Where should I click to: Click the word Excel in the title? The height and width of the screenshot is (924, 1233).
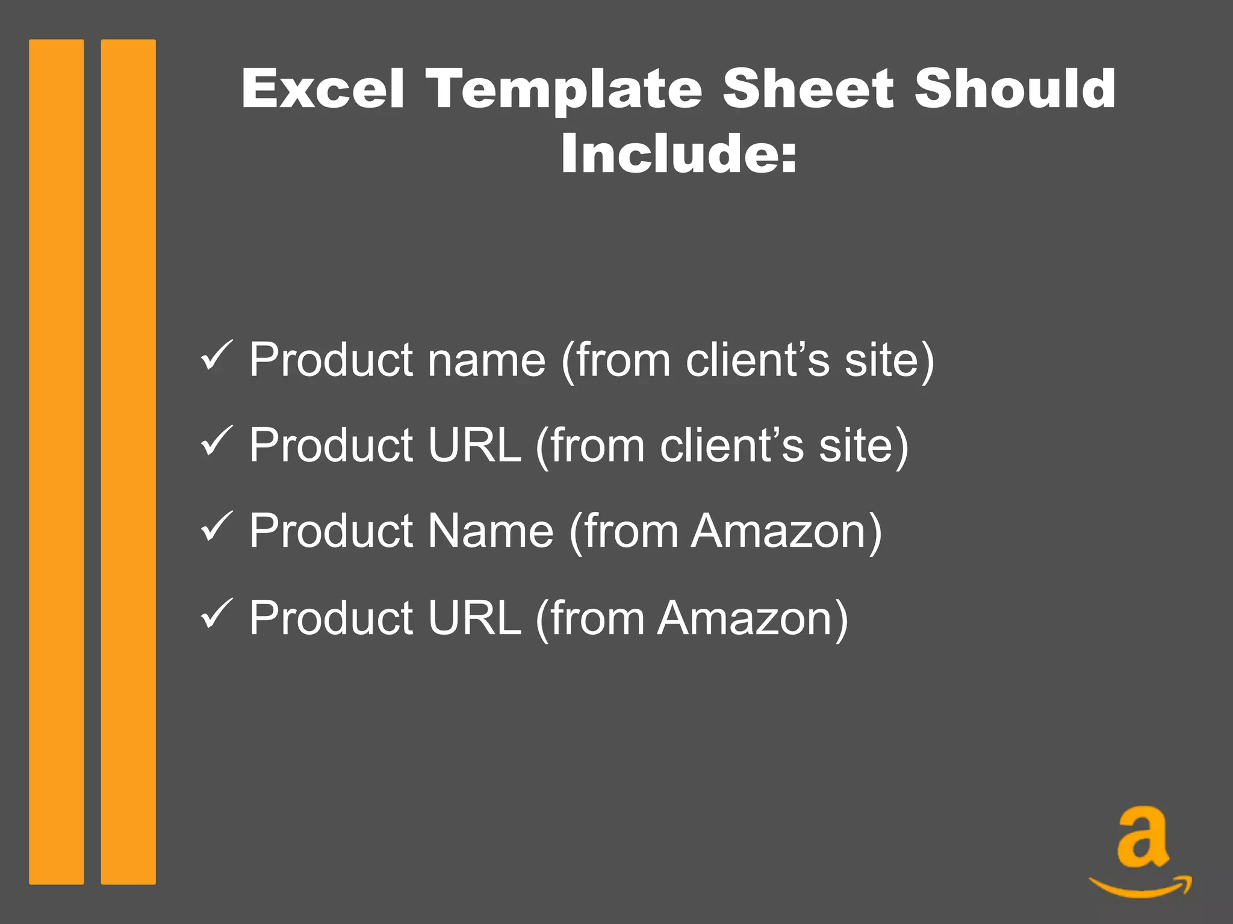[x=323, y=88]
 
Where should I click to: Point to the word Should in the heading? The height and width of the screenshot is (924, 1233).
[x=1014, y=88]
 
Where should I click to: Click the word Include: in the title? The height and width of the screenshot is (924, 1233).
[x=679, y=153]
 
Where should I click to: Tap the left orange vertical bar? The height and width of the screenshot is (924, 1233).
[x=56, y=461]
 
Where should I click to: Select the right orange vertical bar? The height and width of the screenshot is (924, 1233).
[x=128, y=461]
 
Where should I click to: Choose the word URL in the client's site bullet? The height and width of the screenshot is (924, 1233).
[x=474, y=445]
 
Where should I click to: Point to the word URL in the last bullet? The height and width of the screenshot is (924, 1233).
[x=474, y=618]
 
